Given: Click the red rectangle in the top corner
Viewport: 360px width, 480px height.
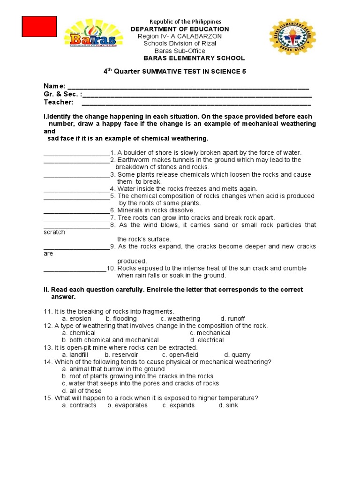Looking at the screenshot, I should (x=39, y=26).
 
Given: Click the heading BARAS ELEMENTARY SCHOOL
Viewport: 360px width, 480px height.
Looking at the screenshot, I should (x=194, y=58).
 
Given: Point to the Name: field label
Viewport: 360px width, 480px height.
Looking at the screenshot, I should (x=54, y=86).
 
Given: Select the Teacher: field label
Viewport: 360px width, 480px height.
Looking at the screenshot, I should (x=59, y=102).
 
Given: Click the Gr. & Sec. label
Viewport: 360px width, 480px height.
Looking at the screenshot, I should (x=62, y=94).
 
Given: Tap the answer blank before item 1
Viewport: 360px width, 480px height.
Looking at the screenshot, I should (x=76, y=153).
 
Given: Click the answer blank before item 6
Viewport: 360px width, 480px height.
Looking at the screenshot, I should (x=76, y=210).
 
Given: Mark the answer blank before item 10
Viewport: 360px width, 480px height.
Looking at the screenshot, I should (x=75, y=269).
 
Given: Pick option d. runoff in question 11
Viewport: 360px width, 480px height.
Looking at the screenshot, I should (x=233, y=319).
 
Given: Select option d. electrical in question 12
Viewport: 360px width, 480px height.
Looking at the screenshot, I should (x=207, y=340).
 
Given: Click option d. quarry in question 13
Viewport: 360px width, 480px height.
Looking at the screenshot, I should (x=237, y=355).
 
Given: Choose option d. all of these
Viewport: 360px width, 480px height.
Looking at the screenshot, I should (x=82, y=391).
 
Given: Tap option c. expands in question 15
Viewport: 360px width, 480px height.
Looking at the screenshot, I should (x=179, y=405).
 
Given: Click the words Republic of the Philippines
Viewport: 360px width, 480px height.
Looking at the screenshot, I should (x=185, y=22).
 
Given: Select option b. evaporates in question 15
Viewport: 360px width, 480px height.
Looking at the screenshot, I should (x=127, y=405).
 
